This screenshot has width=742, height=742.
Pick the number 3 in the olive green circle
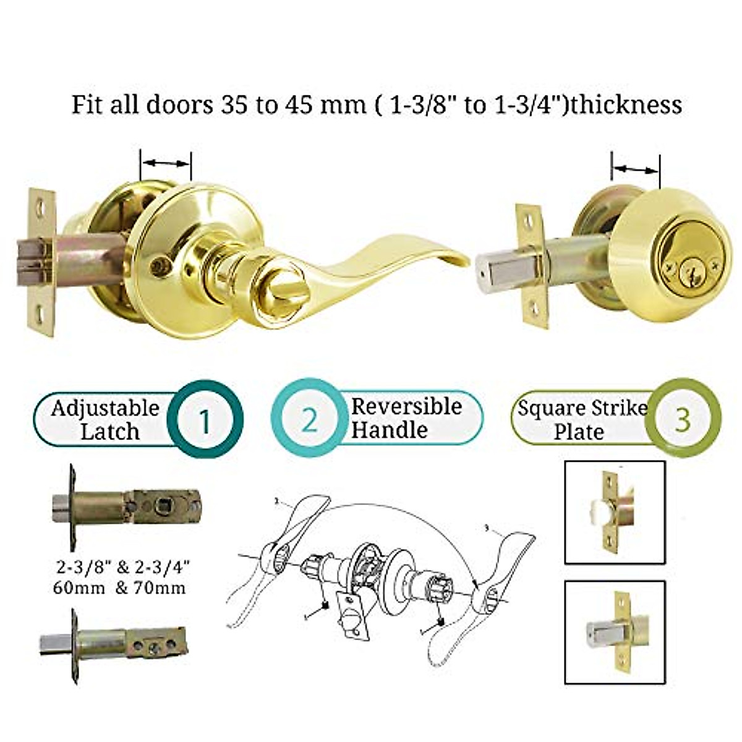[x=682, y=419]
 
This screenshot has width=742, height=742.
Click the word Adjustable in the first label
[x=105, y=408]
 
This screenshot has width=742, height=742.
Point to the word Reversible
[x=407, y=406]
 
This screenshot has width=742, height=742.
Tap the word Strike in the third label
[x=616, y=408]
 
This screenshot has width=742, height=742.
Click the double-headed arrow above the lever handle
[x=166, y=163]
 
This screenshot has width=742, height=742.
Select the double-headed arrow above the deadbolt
[x=635, y=168]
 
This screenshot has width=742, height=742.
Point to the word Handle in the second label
[x=389, y=429]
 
